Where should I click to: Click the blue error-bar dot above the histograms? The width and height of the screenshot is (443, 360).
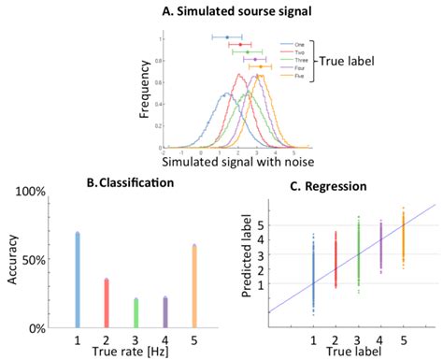coord(227,37)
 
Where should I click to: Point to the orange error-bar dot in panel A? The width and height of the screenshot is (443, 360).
coord(261,66)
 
